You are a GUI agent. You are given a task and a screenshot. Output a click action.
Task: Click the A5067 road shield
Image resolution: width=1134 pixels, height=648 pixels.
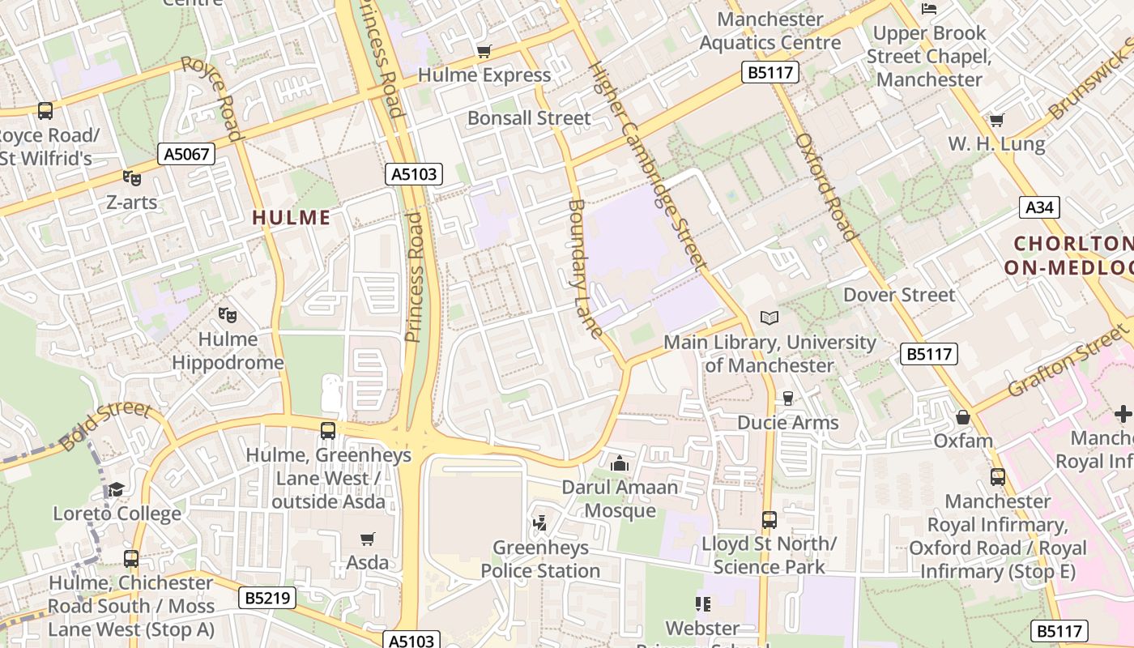(x=186, y=154)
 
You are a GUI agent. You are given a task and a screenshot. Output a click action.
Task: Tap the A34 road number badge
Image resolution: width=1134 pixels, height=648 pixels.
(x=1039, y=207)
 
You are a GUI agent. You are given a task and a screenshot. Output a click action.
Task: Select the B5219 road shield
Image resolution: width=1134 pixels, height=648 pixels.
(x=268, y=599)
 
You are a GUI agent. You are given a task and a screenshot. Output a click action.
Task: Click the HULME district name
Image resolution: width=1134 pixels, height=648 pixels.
(x=292, y=217)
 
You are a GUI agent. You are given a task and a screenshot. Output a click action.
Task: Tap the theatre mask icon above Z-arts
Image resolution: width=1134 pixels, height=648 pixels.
(x=131, y=178)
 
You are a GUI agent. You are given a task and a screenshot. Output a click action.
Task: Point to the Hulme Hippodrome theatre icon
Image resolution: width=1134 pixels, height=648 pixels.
(x=228, y=314)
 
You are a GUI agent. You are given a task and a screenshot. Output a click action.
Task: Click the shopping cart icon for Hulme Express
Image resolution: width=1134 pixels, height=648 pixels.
(x=484, y=52)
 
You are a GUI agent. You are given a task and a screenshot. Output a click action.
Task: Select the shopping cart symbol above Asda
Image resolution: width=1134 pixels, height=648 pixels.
(x=368, y=539)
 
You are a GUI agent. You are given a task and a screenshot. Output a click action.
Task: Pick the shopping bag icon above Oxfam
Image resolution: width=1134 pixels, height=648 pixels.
(x=963, y=417)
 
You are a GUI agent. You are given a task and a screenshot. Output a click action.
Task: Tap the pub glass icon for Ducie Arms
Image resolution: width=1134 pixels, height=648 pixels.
(x=787, y=399)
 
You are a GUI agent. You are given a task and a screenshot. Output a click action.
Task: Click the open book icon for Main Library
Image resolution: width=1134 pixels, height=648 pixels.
(x=769, y=318)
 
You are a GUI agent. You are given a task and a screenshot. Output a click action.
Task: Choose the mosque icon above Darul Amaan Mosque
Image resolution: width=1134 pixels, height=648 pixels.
(x=620, y=463)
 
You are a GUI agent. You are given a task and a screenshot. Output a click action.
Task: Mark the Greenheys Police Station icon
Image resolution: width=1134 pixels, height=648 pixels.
(x=540, y=523)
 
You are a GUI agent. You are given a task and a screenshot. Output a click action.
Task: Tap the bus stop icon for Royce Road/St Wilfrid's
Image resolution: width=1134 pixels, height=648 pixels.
(x=45, y=111)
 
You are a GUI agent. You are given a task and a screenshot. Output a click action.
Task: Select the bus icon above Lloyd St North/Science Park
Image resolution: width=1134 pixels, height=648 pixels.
(x=769, y=519)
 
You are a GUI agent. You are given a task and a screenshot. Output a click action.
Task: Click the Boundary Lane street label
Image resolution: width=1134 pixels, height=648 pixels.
(x=585, y=267)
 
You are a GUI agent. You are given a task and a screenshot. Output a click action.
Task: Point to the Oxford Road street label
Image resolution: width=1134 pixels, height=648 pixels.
(x=825, y=186)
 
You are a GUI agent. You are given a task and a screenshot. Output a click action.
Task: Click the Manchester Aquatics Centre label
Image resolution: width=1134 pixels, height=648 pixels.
(x=770, y=31)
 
